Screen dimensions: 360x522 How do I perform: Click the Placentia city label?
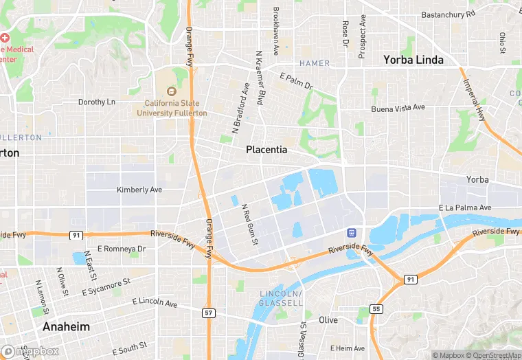coord(267,149)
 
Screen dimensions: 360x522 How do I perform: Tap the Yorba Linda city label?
coord(413,60)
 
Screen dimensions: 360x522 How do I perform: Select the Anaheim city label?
coord(66,326)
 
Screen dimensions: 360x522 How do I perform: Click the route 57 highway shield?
coord(208,313)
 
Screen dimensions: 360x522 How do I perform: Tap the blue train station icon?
coord(352,233)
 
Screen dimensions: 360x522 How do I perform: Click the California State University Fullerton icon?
coord(172,91)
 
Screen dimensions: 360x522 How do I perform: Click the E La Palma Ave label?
coord(465,207)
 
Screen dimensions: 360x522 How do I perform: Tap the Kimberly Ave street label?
coord(139,190)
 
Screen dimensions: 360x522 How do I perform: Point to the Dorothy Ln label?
coord(97,102)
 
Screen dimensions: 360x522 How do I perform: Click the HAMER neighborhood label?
coord(314,63)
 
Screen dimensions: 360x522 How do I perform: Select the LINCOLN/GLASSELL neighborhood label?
coord(282,298)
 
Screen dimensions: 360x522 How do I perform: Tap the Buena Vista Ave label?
coord(398,108)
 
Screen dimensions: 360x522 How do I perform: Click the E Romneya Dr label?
coord(122,248)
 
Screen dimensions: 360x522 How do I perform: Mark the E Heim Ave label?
coord(347,348)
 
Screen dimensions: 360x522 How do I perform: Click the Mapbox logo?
coord(30,351)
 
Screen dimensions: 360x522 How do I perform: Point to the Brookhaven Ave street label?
coord(275,31)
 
